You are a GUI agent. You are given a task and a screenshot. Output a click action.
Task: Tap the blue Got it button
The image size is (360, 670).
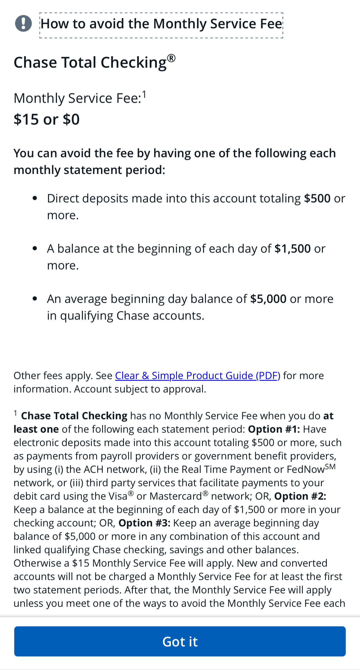click(x=180, y=641)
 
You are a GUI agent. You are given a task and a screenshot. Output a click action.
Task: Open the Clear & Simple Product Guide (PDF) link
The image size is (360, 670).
click(x=198, y=376)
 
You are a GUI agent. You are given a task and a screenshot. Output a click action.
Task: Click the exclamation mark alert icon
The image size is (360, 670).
click(x=23, y=23)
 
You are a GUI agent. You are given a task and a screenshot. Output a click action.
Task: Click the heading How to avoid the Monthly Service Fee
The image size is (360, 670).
click(x=161, y=24)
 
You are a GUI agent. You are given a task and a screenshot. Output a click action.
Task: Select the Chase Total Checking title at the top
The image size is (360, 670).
click(x=90, y=63)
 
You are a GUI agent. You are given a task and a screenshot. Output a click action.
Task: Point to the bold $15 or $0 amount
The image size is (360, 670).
click(x=47, y=119)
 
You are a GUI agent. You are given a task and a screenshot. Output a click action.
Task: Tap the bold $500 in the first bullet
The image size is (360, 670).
click(x=317, y=198)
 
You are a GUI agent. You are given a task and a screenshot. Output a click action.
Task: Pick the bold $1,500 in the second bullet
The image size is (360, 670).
click(x=292, y=249)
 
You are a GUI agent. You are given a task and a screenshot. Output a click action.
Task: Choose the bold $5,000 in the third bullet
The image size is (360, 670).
click(x=268, y=299)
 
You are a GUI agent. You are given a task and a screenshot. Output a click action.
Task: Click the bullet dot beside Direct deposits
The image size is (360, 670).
click(x=35, y=198)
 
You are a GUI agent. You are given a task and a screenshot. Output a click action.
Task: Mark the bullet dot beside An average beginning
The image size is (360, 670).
click(x=35, y=299)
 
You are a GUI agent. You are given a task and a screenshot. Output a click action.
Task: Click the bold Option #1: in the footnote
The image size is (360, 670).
click(x=274, y=429)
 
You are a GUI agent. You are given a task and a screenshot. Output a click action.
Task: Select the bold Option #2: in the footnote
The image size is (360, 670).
click(x=300, y=496)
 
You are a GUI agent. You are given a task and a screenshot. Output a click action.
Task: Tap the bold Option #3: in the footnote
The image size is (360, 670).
click(x=144, y=523)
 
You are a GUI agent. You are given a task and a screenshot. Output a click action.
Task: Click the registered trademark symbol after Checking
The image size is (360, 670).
click(x=171, y=58)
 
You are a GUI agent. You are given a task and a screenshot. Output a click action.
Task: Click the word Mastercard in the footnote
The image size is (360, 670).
click(x=176, y=496)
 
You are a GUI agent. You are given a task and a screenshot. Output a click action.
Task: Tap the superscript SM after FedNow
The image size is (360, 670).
click(x=330, y=467)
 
